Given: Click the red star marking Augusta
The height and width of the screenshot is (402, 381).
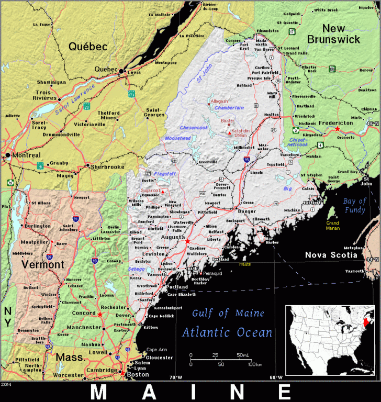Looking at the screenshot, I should click(x=187, y=241).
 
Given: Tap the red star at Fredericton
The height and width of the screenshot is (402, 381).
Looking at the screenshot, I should click(x=338, y=129).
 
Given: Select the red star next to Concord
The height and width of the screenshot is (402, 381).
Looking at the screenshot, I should click(x=99, y=315).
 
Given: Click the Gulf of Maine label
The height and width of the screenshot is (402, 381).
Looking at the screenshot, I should click(x=224, y=314).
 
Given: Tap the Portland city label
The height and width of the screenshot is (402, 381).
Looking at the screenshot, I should click(x=176, y=287).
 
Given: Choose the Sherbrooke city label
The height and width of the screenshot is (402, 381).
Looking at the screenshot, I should click(x=107, y=167).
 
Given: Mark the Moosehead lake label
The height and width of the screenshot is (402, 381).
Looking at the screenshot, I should click(x=177, y=138).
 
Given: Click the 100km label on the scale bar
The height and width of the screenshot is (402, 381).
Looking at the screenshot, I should click(x=254, y=364).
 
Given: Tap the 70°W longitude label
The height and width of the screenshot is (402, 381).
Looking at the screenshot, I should click(x=176, y=377).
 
